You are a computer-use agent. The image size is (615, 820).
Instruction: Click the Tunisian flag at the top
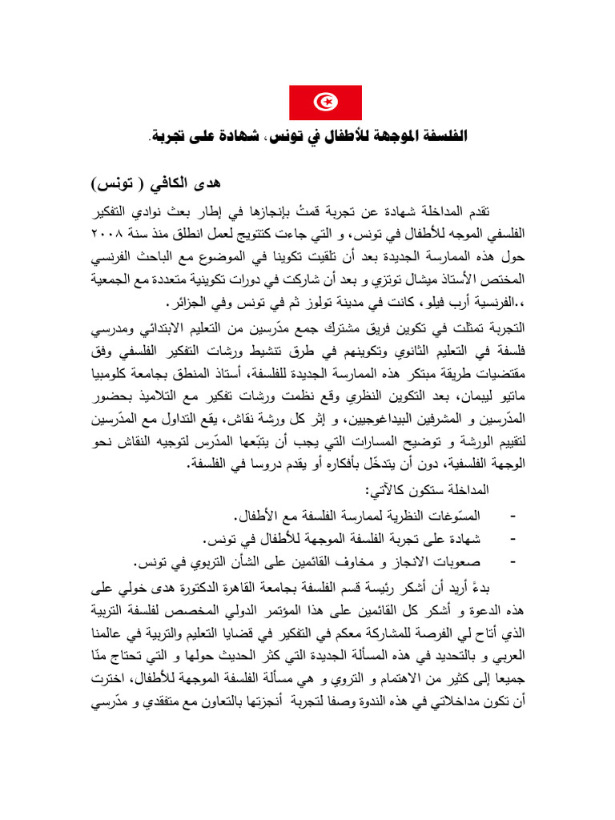pos(325,102)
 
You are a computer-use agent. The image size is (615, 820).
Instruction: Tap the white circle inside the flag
pos(325,102)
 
